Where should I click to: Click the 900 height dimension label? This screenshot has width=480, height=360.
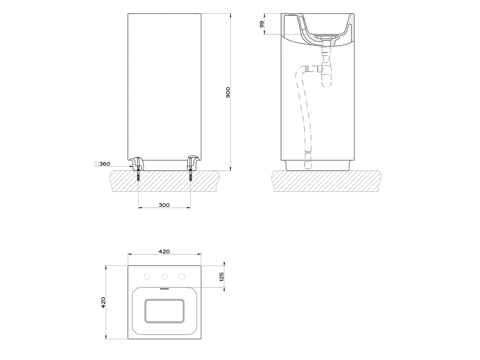[228, 93]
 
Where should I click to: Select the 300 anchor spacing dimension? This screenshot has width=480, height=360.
[165, 205]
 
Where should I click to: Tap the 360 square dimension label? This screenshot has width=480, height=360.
[105, 164]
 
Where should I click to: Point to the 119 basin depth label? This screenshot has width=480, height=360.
[262, 24]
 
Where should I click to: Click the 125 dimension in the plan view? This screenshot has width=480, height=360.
[221, 277]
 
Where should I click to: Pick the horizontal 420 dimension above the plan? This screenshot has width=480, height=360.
[165, 251]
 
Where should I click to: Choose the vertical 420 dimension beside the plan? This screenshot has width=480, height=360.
[103, 302]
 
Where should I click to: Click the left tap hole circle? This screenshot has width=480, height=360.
[147, 277]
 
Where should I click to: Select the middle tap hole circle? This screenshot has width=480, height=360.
[165, 277]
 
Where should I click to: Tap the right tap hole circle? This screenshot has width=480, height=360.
[182, 277]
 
